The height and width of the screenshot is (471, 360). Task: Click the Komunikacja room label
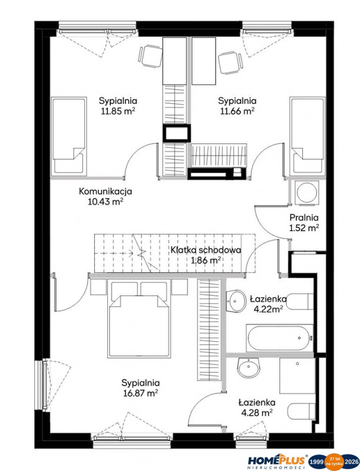point(105,192)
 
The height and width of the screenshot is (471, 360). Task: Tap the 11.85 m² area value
point(118,111)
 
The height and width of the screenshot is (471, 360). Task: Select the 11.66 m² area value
point(237,111)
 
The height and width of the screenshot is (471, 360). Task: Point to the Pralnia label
point(304,218)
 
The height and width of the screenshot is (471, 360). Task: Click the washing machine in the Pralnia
point(307,193)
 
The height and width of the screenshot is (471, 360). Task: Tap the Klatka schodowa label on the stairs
point(206,250)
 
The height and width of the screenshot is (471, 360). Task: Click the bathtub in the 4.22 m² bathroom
point(279,338)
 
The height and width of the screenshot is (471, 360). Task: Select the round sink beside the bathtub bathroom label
point(236,301)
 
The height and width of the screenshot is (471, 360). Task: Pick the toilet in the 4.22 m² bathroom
point(300,302)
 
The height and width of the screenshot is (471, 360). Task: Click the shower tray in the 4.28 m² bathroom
point(297,376)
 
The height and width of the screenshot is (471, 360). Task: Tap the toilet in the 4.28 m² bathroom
point(301,411)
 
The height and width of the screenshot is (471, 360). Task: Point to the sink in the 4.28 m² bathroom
point(249,368)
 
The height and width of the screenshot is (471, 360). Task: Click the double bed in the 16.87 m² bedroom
point(138,318)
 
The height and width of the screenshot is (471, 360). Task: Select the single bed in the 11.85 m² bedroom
point(69,136)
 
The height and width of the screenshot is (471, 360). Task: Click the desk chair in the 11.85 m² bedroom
point(150,56)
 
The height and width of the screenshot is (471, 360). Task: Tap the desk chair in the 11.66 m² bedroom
point(230,62)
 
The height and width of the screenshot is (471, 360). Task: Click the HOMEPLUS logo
point(276,461)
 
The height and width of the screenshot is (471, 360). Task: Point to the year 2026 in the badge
point(351,462)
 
